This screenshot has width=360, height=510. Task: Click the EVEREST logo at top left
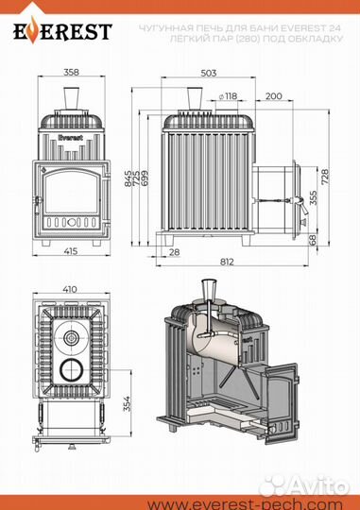pyautogui.click(x=62, y=31)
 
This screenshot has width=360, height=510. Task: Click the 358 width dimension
pyautogui.click(x=71, y=72)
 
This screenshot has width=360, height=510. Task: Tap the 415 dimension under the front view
pyautogui.click(x=71, y=251)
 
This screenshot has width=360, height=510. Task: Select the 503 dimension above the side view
pyautogui.click(x=208, y=73)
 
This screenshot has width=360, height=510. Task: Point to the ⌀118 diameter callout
pyautogui.click(x=228, y=96)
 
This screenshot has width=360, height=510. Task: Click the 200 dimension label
pyautogui.click(x=274, y=96)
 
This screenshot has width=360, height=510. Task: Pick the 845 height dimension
pyautogui.click(x=129, y=178)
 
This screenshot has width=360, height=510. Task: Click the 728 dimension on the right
pyautogui.click(x=325, y=177)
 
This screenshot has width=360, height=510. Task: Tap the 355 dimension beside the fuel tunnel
pyautogui.click(x=313, y=197)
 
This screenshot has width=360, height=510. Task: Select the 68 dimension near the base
pyautogui.click(x=312, y=240)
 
